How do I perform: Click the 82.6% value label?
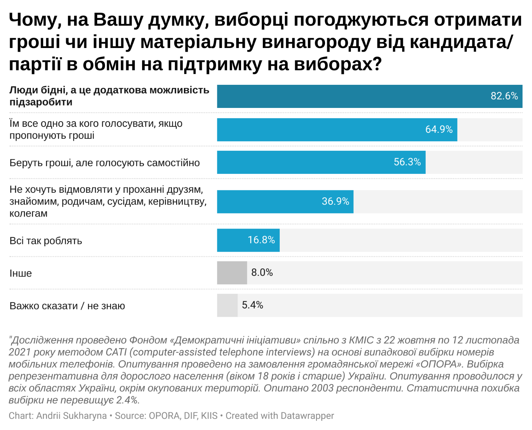[x=504, y=96]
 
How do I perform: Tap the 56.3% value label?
[x=407, y=162]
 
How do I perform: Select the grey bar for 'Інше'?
[x=232, y=273]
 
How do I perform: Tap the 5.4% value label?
[x=252, y=305]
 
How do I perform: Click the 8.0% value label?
[x=262, y=272]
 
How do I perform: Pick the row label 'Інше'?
[x=21, y=273]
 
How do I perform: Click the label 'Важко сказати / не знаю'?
[x=67, y=306]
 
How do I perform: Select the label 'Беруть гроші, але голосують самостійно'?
[x=105, y=163]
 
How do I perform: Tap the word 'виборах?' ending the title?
[x=338, y=64]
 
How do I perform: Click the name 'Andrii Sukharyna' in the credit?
[x=72, y=416]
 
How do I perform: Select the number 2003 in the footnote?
[x=322, y=388]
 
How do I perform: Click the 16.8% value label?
[x=261, y=240]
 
